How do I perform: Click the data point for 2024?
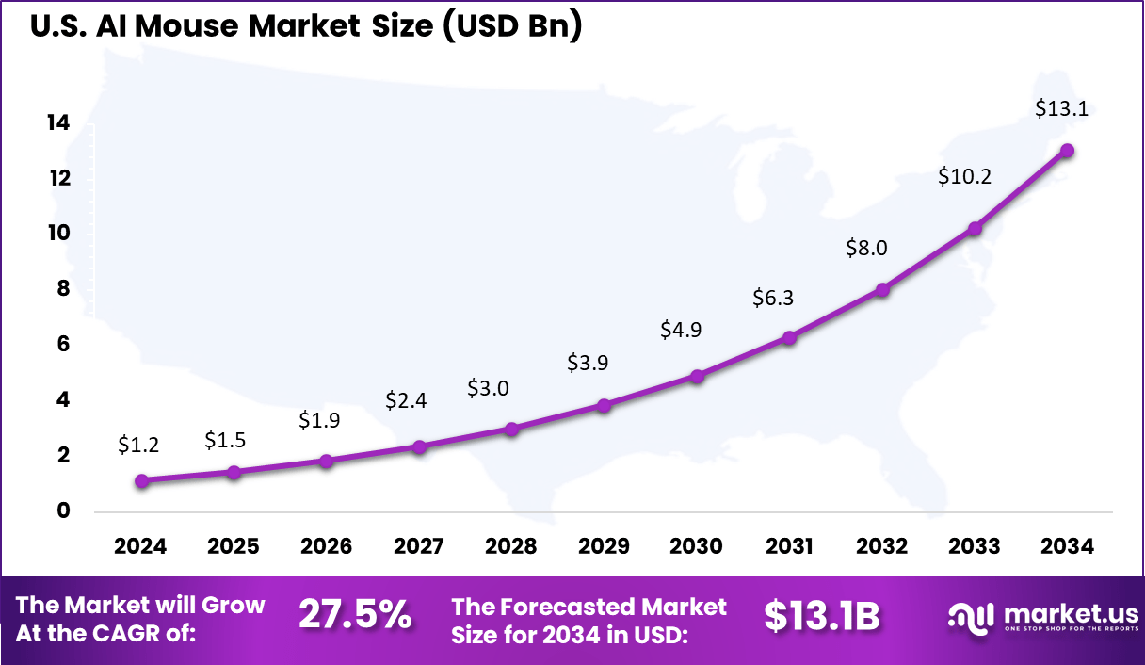pyautogui.click(x=141, y=480)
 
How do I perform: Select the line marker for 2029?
pyautogui.click(x=604, y=405)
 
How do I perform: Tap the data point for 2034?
pyautogui.click(x=1067, y=151)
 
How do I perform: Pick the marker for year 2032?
pyautogui.click(x=881, y=289)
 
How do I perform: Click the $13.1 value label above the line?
pyautogui.click(x=1061, y=108)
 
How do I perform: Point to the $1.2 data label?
pyautogui.click(x=138, y=445)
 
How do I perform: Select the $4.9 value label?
pyautogui.click(x=680, y=330)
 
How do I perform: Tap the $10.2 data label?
pyautogui.click(x=964, y=176)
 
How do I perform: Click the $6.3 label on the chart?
pyautogui.click(x=773, y=298)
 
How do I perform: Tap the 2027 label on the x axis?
pyautogui.click(x=418, y=547)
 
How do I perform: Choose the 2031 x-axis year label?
pyautogui.click(x=789, y=547)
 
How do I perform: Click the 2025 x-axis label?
pyautogui.click(x=233, y=547)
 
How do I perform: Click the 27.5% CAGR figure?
pyautogui.click(x=355, y=615)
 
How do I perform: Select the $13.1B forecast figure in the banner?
pyautogui.click(x=821, y=615)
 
